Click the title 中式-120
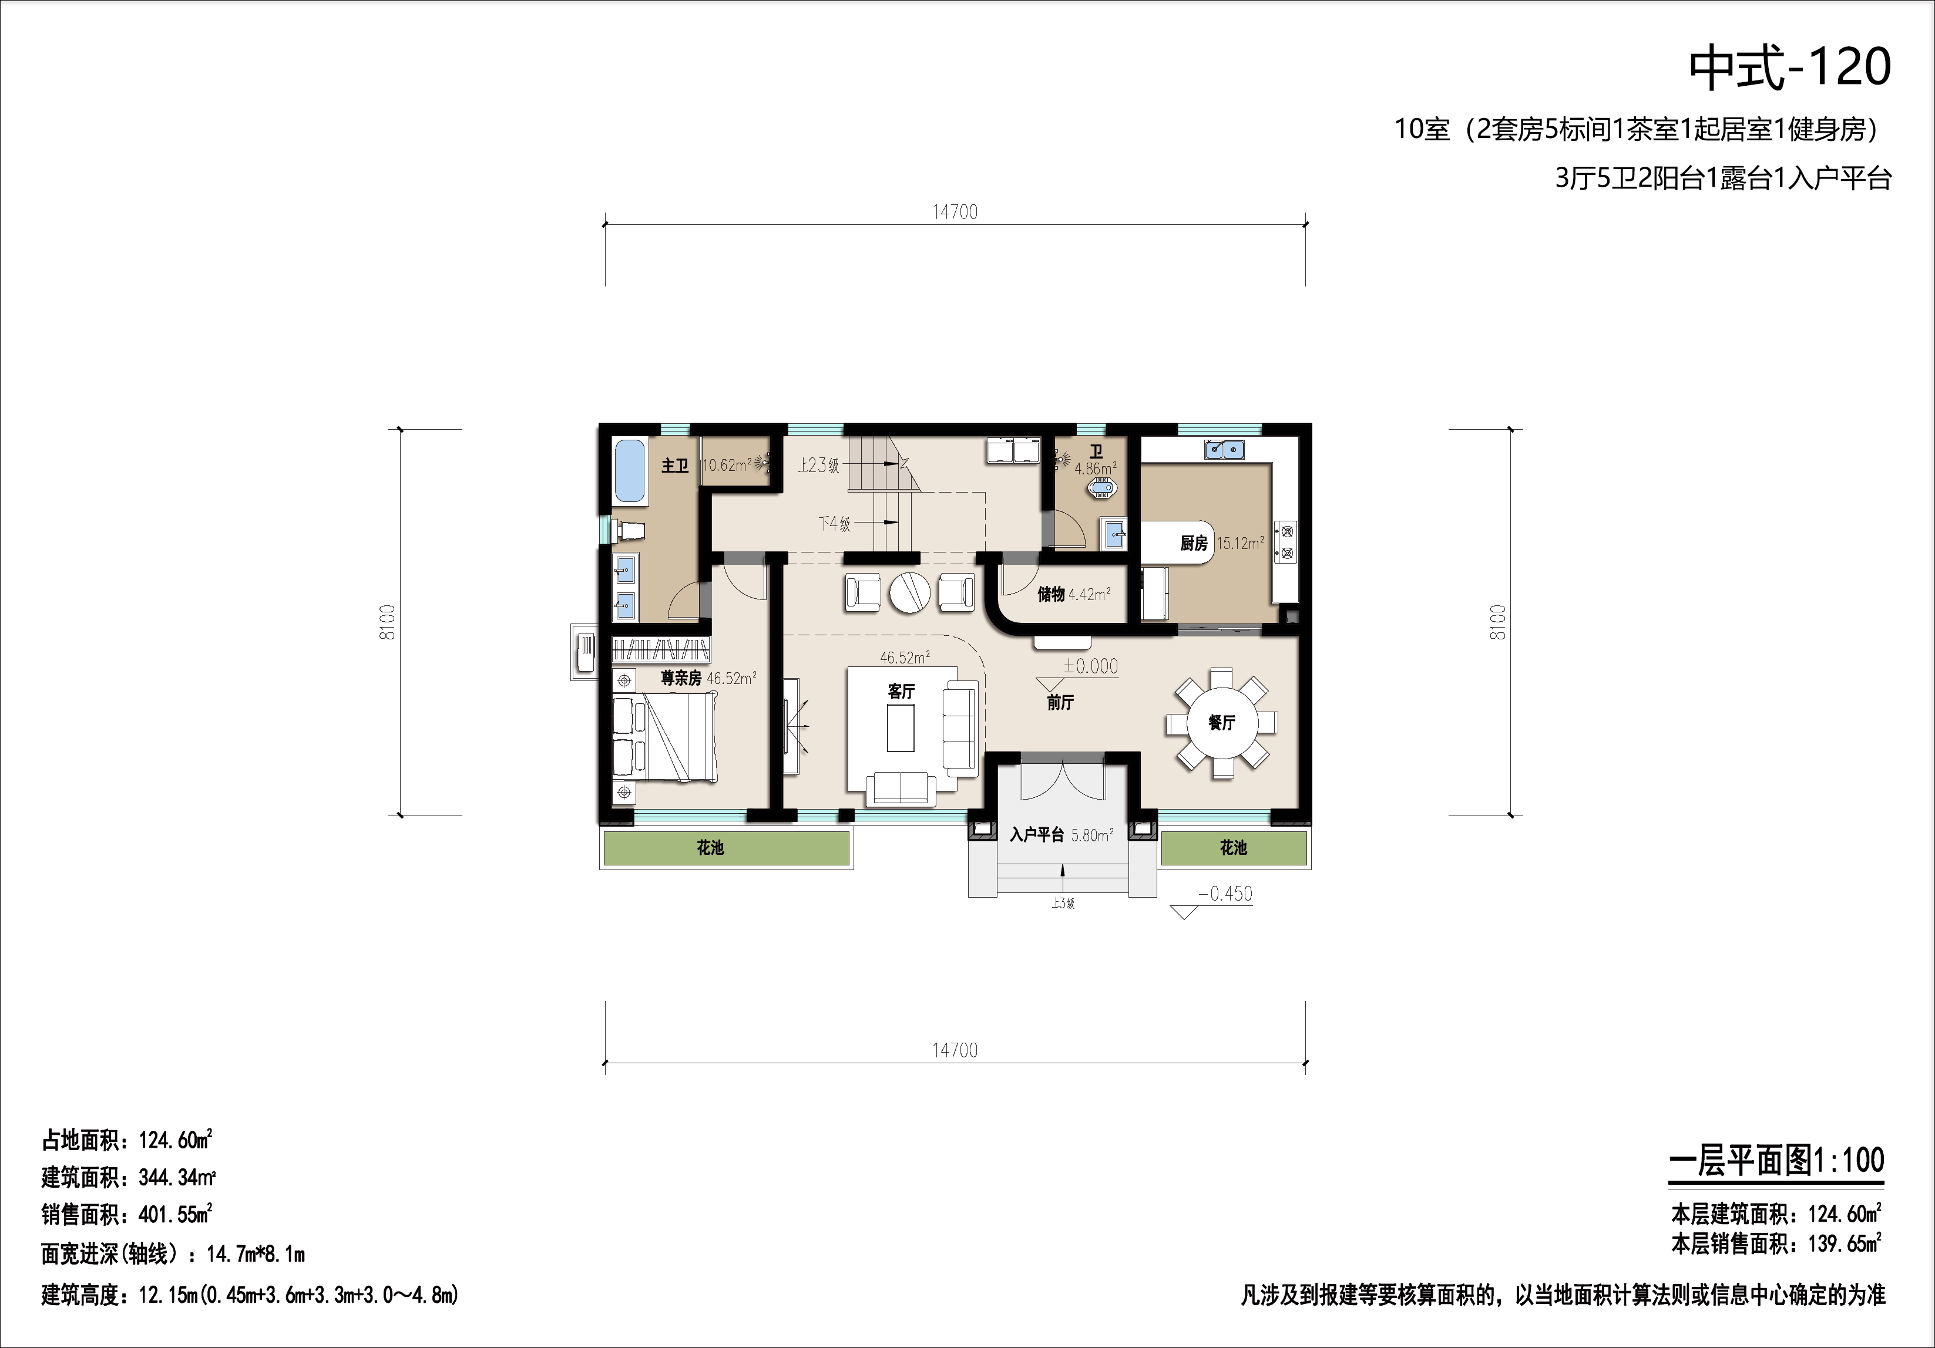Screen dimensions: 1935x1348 point(1790,68)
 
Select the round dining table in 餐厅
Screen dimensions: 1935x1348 point(1222,723)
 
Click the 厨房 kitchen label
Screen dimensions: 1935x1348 point(1193,544)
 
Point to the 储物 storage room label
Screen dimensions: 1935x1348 point(1051,594)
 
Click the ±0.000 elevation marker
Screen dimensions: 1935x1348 point(1090,666)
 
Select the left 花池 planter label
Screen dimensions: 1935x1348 point(710,848)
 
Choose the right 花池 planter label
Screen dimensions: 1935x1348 point(1233,848)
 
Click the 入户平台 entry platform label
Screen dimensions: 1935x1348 point(1037,835)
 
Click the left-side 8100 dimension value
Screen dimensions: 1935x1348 point(388,622)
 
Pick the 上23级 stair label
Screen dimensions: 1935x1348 point(818,465)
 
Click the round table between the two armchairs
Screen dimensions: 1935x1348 point(910,592)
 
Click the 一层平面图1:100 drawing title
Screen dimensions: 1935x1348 point(1776,1161)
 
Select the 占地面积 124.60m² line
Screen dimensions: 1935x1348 point(126,1140)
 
